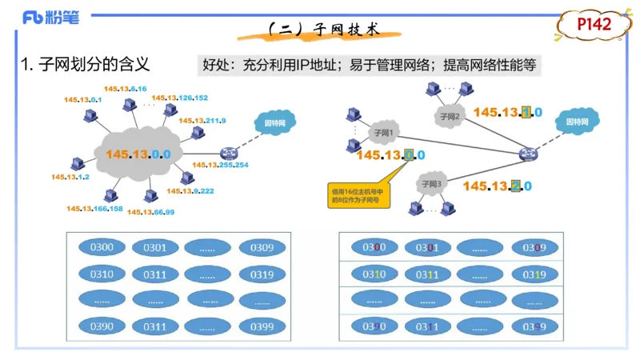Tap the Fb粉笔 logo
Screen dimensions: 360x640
(50, 18)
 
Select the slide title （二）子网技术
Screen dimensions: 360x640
(321, 30)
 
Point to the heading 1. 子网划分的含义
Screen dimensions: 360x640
(85, 64)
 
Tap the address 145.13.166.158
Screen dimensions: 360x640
(94, 209)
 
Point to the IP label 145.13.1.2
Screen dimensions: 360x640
(70, 176)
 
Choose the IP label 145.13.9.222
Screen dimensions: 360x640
(190, 190)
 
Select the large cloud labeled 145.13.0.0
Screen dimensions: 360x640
(141, 151)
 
